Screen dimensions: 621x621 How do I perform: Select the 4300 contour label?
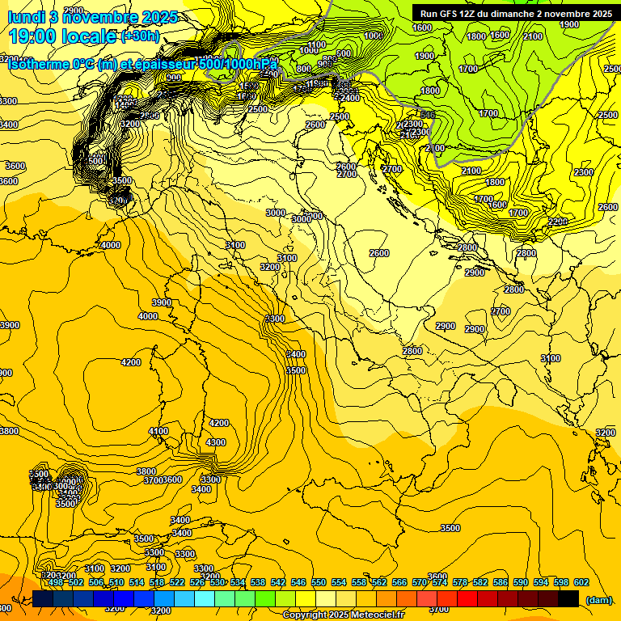pyautogui.click(x=216, y=442)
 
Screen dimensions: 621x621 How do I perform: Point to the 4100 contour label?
pyautogui.click(x=158, y=432)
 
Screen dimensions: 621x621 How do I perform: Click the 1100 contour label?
pyautogui.click(x=317, y=45)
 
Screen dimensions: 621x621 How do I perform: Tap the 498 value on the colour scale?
pyautogui.click(x=56, y=582)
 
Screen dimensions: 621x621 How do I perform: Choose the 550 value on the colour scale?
pyautogui.click(x=319, y=582)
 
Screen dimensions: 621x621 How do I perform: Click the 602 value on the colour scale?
pyautogui.click(x=581, y=582)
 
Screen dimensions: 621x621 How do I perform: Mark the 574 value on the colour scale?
pyautogui.click(x=440, y=582)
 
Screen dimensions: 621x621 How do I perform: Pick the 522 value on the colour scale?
pyautogui.click(x=177, y=582)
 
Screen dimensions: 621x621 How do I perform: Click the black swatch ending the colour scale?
pyautogui.click(x=568, y=598)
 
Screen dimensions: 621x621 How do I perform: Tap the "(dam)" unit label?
pyautogui.click(x=599, y=600)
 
